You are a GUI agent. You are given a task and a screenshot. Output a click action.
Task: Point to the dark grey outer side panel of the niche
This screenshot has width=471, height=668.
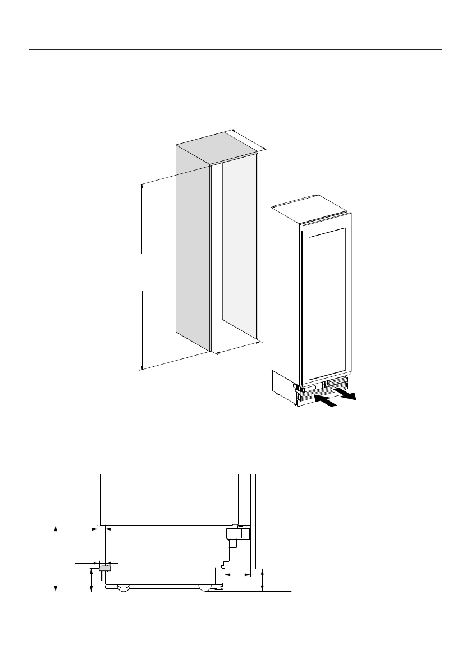coord(193,247)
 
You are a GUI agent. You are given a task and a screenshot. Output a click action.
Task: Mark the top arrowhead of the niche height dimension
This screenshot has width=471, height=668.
coord(143,187)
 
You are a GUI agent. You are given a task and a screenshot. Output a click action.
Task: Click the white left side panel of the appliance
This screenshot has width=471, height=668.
coord(285,292)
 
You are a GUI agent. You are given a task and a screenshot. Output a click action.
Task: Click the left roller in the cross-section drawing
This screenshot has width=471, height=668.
coord(123,587)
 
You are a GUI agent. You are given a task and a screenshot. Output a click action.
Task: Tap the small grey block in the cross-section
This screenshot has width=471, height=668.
coord(104,568)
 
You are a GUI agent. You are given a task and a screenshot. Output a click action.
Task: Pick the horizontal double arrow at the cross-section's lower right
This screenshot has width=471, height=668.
coord(238,575)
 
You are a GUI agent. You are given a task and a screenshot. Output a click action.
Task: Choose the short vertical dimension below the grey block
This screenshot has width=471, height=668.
coord(92,579)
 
